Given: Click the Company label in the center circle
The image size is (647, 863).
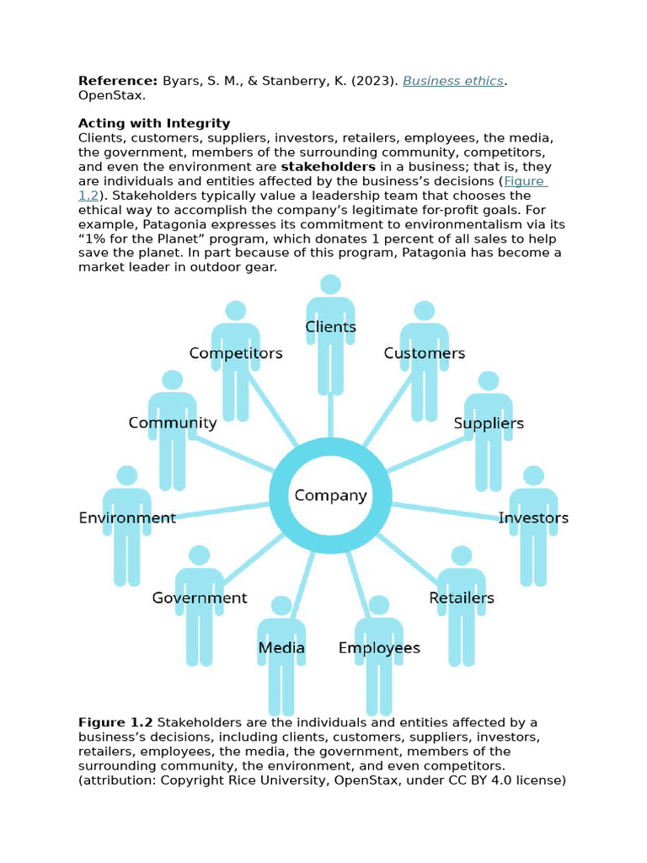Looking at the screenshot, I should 330,496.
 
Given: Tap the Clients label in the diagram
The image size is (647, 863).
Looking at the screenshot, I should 330,327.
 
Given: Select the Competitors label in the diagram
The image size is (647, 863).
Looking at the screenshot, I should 236,353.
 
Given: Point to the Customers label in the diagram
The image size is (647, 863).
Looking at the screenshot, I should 425,353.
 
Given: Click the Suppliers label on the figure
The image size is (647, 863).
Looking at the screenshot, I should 489,423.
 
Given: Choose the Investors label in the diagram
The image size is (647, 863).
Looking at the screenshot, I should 533,517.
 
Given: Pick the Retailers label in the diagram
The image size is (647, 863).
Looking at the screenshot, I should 462,598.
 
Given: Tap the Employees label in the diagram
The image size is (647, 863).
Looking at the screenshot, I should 379,648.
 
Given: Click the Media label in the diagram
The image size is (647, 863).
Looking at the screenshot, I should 281,648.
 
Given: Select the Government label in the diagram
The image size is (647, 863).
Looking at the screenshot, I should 200,598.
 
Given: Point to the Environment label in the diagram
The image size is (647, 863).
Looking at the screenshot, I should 127,517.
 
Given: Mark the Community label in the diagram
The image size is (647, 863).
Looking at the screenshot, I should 173,423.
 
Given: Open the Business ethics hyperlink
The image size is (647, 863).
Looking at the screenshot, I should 453,81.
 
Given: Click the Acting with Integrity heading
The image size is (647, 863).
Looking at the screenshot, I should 154,124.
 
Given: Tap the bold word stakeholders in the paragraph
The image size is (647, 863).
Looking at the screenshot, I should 329,167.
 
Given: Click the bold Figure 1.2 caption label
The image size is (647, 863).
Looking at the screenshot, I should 115,722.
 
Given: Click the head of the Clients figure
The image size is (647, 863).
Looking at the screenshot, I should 330,285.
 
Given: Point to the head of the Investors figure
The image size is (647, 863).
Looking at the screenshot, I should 533,476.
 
